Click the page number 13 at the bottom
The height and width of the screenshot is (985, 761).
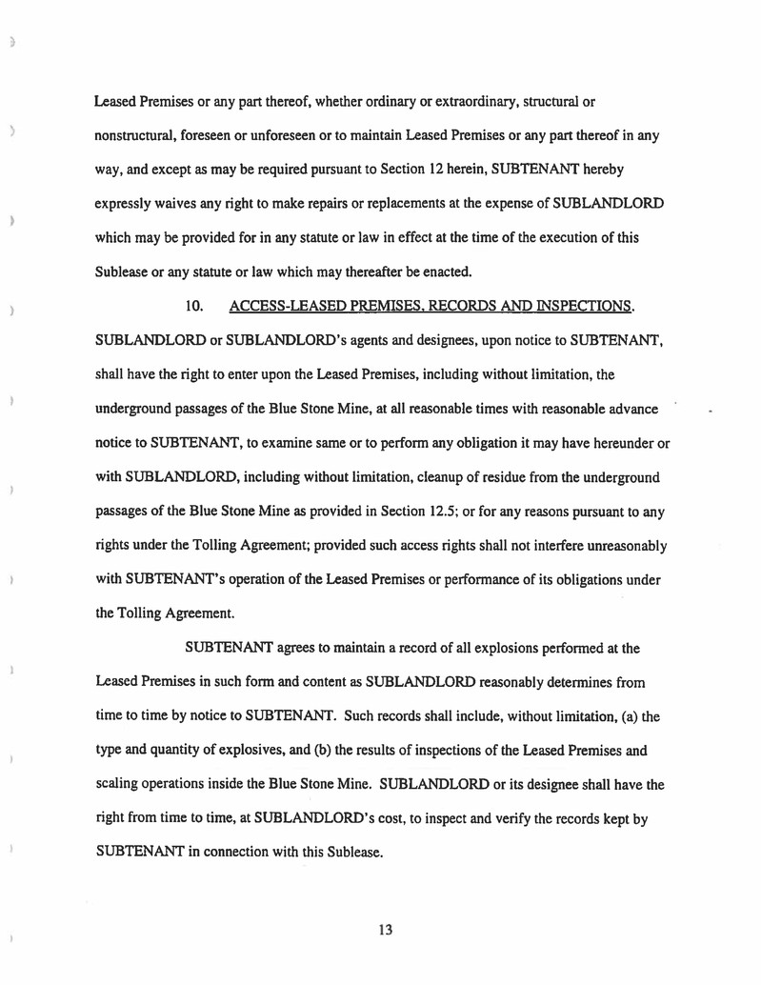pyautogui.click(x=385, y=930)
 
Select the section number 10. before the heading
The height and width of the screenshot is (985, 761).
pyautogui.click(x=197, y=306)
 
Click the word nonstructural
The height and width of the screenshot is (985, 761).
pyautogui.click(x=139, y=135)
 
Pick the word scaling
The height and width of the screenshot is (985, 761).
pyautogui.click(x=121, y=785)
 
